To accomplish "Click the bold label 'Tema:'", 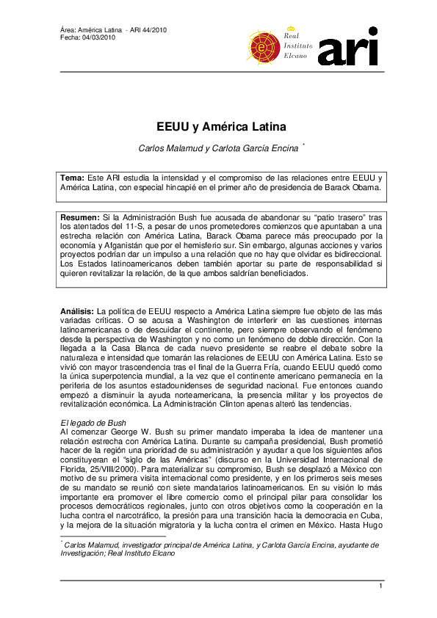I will click(73, 178).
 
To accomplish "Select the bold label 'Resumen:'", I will click(80, 217).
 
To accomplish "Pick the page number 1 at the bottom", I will click(380, 585).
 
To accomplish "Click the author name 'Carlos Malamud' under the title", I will click(167, 148).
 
